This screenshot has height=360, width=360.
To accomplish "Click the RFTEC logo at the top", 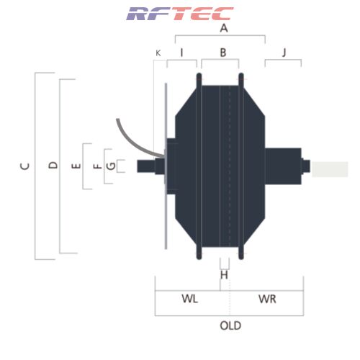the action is [x=180, y=14].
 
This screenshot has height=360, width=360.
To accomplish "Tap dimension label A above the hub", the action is [x=224, y=28].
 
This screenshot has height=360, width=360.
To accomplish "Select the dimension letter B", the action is [x=223, y=53].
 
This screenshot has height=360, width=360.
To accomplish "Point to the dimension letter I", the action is [x=181, y=53].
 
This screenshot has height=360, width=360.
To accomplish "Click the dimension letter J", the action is [x=284, y=53].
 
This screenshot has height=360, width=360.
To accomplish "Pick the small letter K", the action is [x=158, y=53].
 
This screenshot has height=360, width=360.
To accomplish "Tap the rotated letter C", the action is [x=24, y=166].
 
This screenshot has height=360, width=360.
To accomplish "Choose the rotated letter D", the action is [x=53, y=165].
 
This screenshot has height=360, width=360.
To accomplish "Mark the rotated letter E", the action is [x=76, y=166].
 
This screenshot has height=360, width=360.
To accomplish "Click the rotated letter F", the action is [x=97, y=166].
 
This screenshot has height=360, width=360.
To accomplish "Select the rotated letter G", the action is [x=111, y=166].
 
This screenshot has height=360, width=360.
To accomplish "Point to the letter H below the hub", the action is [x=224, y=275].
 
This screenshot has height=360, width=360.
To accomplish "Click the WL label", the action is [x=190, y=299].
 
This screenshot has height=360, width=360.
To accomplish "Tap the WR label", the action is [x=267, y=299].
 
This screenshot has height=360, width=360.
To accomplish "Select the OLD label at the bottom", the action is [x=230, y=325].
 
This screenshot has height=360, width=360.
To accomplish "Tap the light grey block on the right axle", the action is [x=330, y=169].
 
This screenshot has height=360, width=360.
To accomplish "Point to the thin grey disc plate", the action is [x=166, y=166].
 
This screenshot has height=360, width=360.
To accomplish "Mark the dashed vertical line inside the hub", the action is [x=230, y=166].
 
